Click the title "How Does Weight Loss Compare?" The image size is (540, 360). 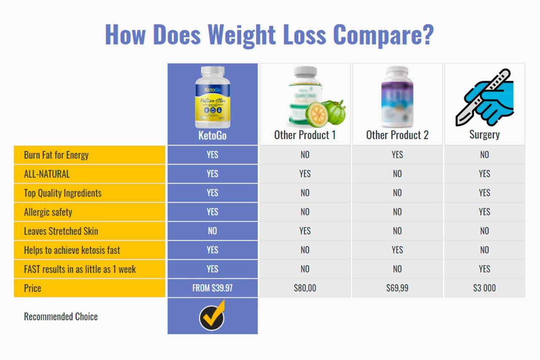pyautogui.click(x=269, y=35)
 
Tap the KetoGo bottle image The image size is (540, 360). pyautogui.click(x=213, y=97)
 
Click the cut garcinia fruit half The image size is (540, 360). pyautogui.click(x=316, y=115)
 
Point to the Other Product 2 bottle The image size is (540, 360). pyautogui.click(x=397, y=97)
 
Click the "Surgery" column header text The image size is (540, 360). pyautogui.click(x=484, y=135)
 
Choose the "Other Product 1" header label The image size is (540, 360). pyautogui.click(x=305, y=135)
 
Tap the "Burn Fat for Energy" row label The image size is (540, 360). pyautogui.click(x=56, y=155)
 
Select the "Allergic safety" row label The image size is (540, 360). pyautogui.click(x=48, y=212)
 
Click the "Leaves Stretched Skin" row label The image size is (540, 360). pyautogui.click(x=61, y=231)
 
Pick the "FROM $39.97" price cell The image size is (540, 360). pyautogui.click(x=212, y=288)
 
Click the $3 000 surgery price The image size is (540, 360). pyautogui.click(x=484, y=288)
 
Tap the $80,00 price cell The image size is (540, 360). pyautogui.click(x=305, y=288)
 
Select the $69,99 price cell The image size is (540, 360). pyautogui.click(x=397, y=288)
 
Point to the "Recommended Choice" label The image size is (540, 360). pyautogui.click(x=61, y=317)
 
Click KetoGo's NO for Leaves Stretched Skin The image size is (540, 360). pyautogui.click(x=212, y=231)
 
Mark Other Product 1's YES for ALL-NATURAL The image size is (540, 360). pyautogui.click(x=305, y=174)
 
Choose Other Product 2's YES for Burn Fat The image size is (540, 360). pyautogui.click(x=397, y=155)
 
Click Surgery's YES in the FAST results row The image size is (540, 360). pyautogui.click(x=484, y=269)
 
